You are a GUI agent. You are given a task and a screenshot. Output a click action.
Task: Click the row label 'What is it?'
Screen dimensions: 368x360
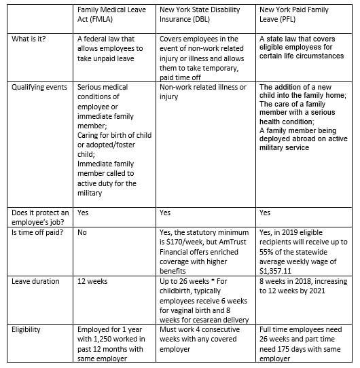pos(30,39)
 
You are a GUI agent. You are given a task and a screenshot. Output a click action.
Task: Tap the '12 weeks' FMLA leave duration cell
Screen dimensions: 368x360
pos(94,280)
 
